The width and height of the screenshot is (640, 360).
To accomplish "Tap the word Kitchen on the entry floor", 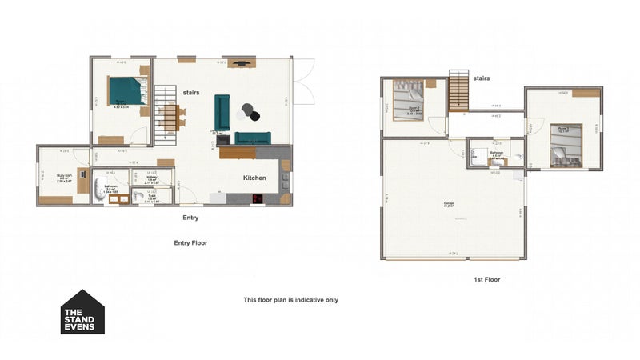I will [255, 178].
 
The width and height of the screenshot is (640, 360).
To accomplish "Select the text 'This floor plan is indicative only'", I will [291, 300].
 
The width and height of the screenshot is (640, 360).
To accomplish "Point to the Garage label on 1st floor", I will [449, 204].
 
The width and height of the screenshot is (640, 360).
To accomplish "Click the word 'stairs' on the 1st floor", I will [482, 78].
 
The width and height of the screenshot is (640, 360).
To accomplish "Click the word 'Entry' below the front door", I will [190, 217].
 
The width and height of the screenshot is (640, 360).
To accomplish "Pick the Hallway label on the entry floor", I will [162, 178].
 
